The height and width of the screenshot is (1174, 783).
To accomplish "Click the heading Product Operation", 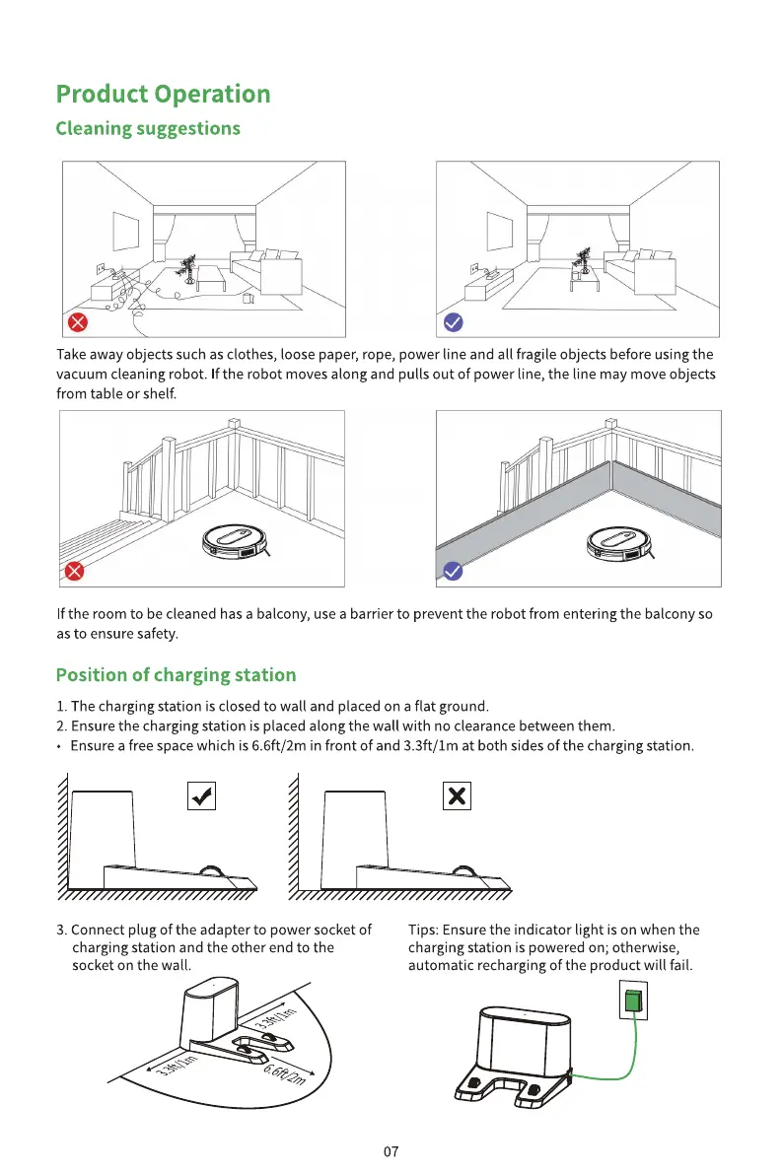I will pos(163,95).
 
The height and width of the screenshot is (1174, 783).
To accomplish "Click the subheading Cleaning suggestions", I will pos(148,129).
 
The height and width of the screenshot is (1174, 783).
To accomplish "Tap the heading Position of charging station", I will pos(176,675).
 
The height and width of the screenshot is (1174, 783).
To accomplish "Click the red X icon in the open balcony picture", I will pos(74,571).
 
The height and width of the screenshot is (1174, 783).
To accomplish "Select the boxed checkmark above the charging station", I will pos(201,795).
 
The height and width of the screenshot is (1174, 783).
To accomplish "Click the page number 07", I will pos(391,1151).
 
